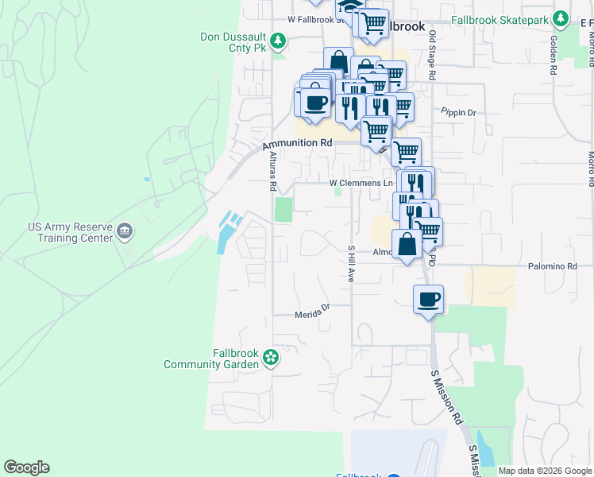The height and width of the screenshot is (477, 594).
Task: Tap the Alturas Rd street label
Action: [x=272, y=172]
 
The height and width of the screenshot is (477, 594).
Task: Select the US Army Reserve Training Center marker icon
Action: [x=125, y=231]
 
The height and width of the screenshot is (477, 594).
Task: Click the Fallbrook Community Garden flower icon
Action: [x=271, y=357]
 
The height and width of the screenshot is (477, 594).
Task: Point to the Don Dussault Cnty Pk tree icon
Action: [x=277, y=40]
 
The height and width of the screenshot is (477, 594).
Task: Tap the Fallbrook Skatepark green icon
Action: [x=561, y=18]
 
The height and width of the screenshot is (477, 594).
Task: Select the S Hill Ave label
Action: [x=349, y=264]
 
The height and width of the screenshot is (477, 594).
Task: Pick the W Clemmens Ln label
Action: [x=361, y=183]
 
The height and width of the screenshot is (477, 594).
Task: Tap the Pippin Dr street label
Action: [x=459, y=113]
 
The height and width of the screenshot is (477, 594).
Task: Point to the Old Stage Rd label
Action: [x=433, y=55]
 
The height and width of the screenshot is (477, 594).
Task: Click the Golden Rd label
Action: [x=553, y=56]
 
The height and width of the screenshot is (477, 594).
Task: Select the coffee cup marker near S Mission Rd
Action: [x=428, y=300]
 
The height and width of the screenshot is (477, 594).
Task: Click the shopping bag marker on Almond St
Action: [x=407, y=244]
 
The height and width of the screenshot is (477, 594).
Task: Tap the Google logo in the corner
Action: [x=26, y=467]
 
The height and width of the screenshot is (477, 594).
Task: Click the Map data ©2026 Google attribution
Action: [x=545, y=471]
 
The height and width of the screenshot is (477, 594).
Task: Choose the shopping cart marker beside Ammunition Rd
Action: [x=376, y=130]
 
